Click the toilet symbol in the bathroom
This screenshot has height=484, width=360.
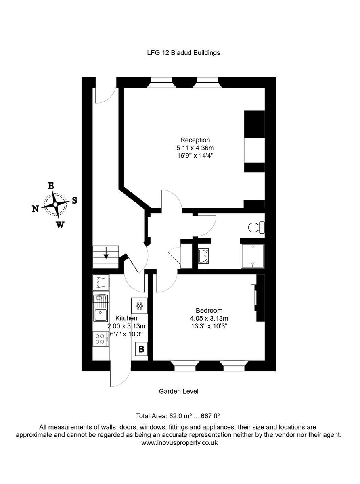(256, 228)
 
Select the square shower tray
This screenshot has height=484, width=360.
(252, 256)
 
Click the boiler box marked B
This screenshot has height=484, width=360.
(141, 349)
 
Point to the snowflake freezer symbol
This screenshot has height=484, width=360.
(140, 306)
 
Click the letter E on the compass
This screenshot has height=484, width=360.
(51, 186)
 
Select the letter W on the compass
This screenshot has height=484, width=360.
(60, 225)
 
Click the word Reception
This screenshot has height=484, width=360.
(195, 140)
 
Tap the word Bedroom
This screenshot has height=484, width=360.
(209, 311)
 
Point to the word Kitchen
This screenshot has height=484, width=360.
(126, 318)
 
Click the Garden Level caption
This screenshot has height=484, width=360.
(178, 391)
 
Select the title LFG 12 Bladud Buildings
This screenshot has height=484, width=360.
(184, 52)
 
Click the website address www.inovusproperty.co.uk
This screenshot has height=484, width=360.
(180, 442)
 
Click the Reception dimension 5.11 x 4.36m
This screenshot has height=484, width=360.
(195, 148)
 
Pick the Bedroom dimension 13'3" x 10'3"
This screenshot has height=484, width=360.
(209, 326)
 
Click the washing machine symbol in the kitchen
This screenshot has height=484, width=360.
(101, 282)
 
